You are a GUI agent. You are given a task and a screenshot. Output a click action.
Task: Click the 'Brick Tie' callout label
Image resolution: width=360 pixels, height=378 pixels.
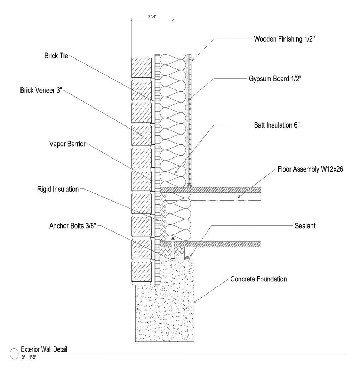coord(54,56)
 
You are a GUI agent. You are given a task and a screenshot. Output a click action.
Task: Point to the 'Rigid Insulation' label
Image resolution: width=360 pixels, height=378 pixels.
coord(58,189)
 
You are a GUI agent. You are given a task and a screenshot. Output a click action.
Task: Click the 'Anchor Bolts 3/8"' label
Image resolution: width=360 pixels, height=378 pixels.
coord(73,226)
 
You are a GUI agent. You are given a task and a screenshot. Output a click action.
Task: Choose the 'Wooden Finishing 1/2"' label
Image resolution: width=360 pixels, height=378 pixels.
coord(285,39)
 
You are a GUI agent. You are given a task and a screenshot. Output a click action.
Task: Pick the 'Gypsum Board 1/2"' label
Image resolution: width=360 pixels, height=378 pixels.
coord(275,79)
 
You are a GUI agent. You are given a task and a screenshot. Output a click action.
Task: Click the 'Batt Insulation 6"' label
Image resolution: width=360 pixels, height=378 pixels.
coord(277,125)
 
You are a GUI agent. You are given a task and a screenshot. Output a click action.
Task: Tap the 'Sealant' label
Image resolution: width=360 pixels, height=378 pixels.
coord(305,226)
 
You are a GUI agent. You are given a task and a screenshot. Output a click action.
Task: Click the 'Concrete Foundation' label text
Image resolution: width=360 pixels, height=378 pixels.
coord(258,279)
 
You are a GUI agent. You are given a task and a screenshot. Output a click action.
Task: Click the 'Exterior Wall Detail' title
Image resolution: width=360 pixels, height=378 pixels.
coord(44,349)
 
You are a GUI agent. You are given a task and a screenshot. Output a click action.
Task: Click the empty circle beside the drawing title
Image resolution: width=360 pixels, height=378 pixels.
coord(14,353)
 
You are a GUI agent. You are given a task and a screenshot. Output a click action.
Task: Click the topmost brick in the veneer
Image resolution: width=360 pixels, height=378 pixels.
coord(141,67)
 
